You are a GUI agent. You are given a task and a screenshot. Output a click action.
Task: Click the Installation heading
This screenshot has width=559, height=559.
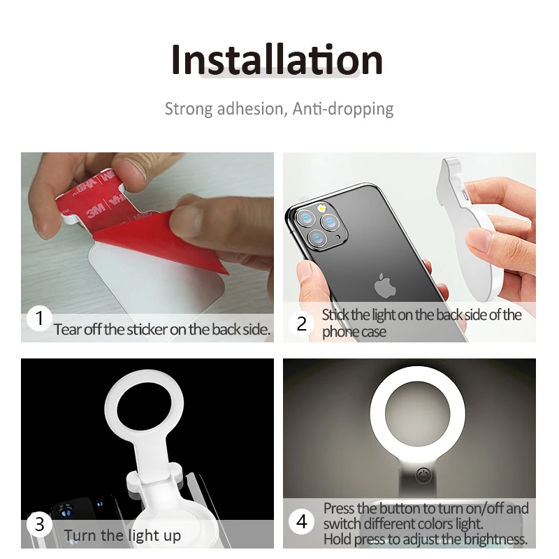click(x=277, y=60)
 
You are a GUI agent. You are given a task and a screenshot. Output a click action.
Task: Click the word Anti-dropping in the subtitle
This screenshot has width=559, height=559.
click(x=343, y=109)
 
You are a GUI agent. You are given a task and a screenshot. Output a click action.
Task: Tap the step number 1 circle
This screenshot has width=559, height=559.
click(x=40, y=319)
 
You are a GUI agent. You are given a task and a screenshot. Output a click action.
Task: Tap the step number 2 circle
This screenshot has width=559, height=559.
click(x=302, y=324)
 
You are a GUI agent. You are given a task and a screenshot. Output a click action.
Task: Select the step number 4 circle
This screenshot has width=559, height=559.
click(x=302, y=522)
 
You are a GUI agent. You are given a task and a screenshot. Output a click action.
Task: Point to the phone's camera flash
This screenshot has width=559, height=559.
click(x=322, y=208)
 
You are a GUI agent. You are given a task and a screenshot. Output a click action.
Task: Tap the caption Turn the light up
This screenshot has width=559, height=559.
click(x=122, y=537)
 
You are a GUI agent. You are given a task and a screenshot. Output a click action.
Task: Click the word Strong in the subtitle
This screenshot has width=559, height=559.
click(x=188, y=109)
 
